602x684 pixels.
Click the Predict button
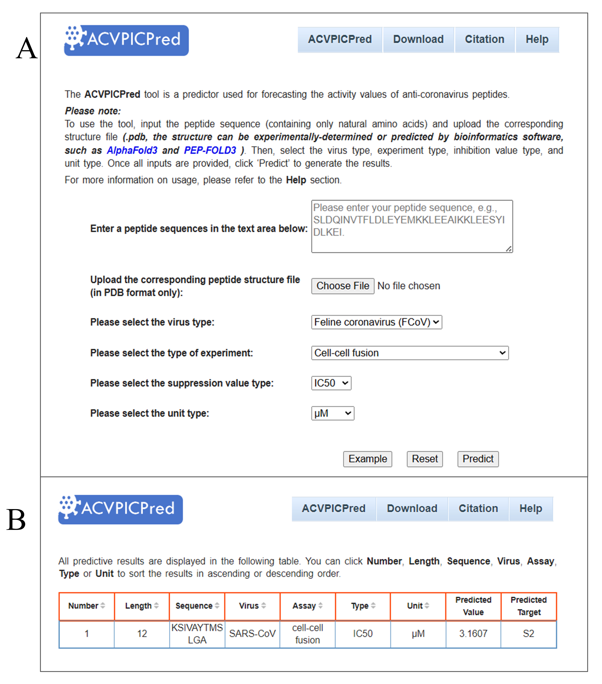tap(478, 459)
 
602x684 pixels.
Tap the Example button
tap(367, 459)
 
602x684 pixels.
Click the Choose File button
tap(343, 286)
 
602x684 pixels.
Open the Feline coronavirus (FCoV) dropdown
tap(376, 322)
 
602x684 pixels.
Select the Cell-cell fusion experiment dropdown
tap(409, 353)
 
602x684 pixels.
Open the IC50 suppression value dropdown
tap(331, 383)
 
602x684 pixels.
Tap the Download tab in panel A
tap(418, 40)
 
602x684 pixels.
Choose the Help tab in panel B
tap(530, 509)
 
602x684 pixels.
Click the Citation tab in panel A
tap(484, 40)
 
